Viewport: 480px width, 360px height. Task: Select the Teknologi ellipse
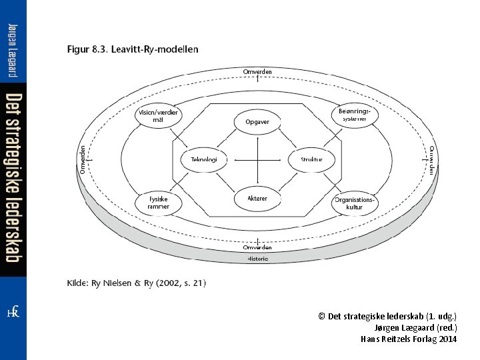(x=204, y=159)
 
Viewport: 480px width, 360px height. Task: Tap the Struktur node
(x=311, y=159)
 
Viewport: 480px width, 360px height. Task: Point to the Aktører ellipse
(x=257, y=198)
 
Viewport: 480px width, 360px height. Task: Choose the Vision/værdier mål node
(x=159, y=115)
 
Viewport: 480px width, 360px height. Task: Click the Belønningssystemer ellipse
(x=355, y=115)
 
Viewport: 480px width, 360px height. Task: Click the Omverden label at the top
(x=257, y=72)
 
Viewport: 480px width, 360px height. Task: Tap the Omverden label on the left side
(x=83, y=159)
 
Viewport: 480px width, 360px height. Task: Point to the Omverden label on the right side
(x=431, y=160)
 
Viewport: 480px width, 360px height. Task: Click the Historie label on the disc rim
(x=257, y=259)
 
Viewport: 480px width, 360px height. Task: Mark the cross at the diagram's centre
(x=257, y=159)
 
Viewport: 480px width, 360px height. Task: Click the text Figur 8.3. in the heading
(x=88, y=49)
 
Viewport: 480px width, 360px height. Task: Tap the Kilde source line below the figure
(x=137, y=283)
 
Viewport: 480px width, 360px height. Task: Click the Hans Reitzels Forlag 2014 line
(x=409, y=339)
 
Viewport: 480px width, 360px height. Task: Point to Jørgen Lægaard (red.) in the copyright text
(x=416, y=327)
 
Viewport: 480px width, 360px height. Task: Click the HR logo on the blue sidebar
(x=13, y=312)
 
